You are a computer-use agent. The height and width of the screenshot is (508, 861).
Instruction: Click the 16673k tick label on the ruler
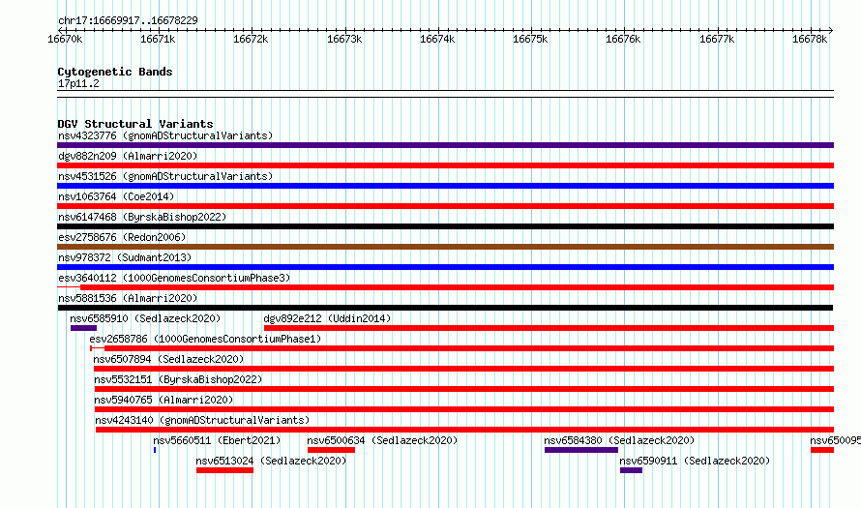pyautogui.click(x=344, y=39)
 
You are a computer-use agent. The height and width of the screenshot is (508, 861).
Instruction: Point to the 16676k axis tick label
pyautogui.click(x=623, y=39)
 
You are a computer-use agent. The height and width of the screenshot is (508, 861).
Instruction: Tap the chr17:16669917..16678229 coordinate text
pyautogui.click(x=128, y=21)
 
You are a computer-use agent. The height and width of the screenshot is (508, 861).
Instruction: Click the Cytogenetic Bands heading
pyautogui.click(x=115, y=72)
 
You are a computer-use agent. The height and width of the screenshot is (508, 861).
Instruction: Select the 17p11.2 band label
pyautogui.click(x=78, y=83)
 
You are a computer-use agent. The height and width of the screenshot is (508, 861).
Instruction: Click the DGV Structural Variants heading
pyautogui.click(x=135, y=124)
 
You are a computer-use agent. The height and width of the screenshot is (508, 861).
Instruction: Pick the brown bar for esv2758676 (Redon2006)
pyautogui.click(x=445, y=247)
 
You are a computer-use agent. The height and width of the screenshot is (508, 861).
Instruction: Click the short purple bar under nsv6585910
pyautogui.click(x=83, y=328)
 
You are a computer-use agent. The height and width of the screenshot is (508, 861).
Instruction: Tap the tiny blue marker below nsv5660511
pyautogui.click(x=155, y=450)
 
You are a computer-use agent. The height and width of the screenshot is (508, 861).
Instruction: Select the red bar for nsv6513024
pyautogui.click(x=224, y=470)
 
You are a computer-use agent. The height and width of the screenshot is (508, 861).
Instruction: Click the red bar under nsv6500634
pyautogui.click(x=331, y=450)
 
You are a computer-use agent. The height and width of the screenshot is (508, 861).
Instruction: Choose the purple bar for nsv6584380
pyautogui.click(x=581, y=450)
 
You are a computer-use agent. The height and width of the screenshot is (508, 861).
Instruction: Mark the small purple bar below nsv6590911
pyautogui.click(x=631, y=470)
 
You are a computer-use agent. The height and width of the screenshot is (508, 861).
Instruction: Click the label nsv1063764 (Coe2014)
pyautogui.click(x=116, y=196)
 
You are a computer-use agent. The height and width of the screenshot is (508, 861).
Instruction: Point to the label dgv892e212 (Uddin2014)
pyautogui.click(x=327, y=318)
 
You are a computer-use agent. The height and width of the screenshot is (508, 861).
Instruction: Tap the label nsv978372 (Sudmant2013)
pyautogui.click(x=125, y=257)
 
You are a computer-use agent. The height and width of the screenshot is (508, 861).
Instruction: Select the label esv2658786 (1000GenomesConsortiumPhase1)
pyautogui.click(x=205, y=339)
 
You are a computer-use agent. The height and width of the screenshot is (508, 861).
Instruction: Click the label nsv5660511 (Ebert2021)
pyautogui.click(x=217, y=440)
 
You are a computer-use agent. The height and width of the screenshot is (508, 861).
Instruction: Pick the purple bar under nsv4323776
pyautogui.click(x=445, y=145)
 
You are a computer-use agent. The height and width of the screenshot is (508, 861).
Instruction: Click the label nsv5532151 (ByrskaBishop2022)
pyautogui.click(x=178, y=379)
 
